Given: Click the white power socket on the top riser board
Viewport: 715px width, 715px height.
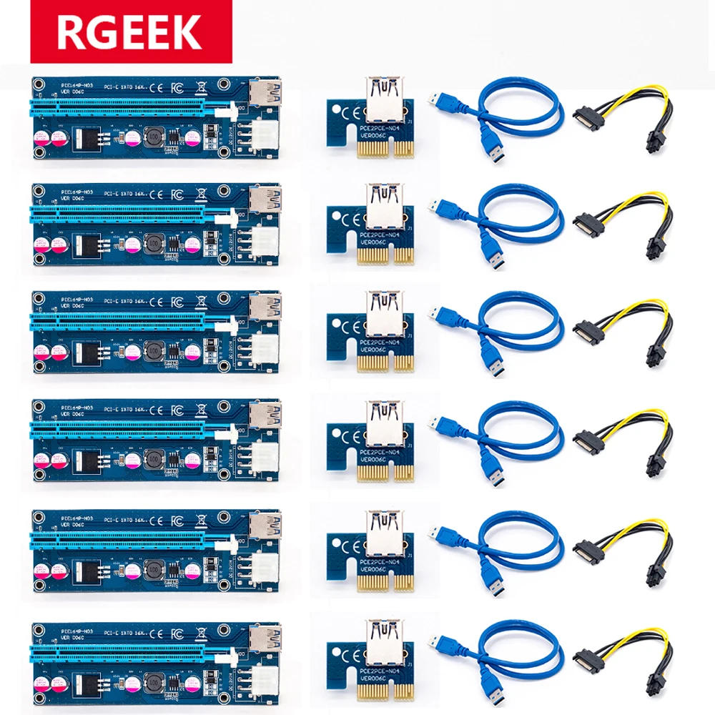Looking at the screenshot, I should click(x=264, y=134).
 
